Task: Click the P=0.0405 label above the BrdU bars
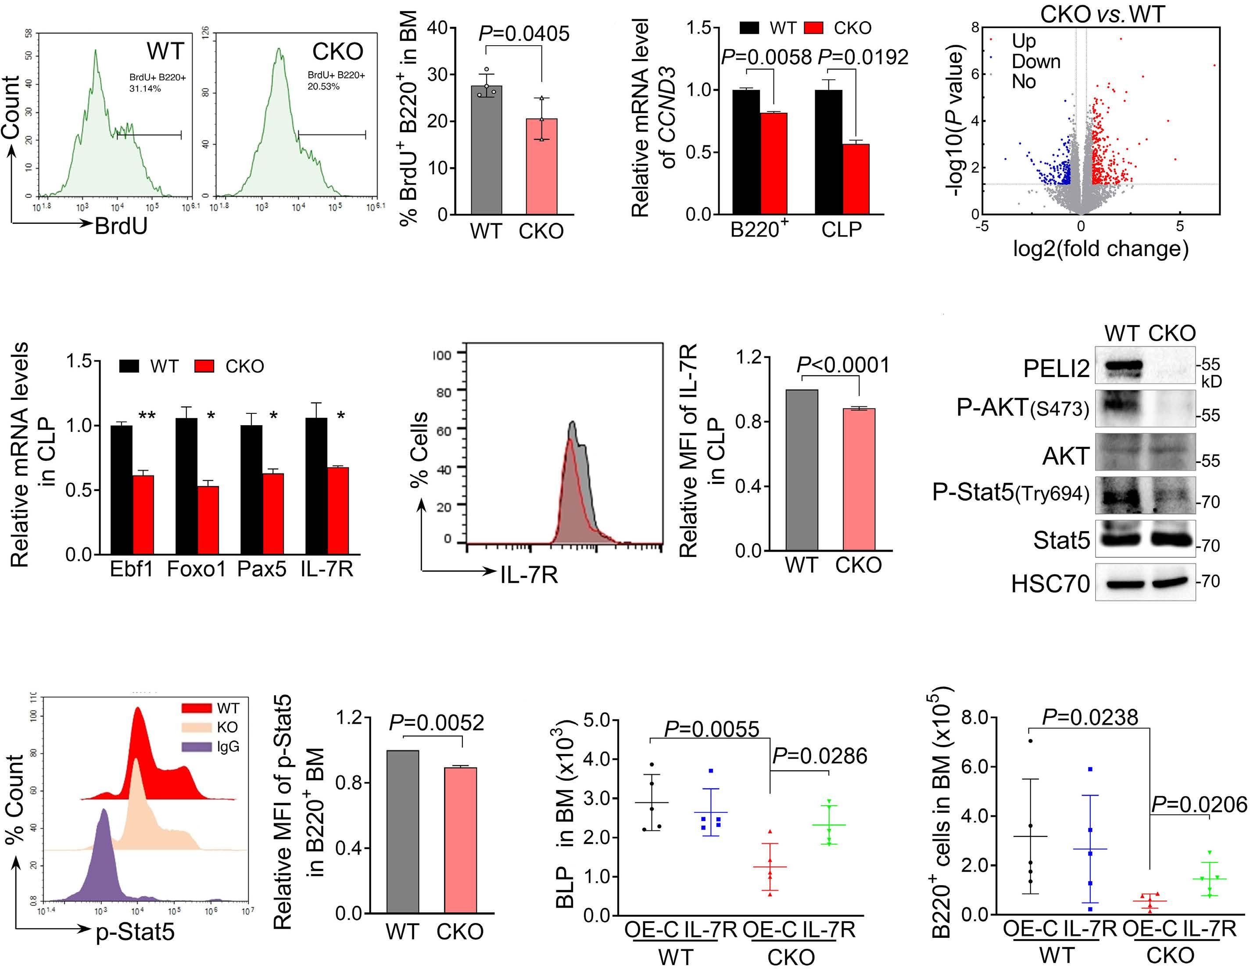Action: pyautogui.click(x=524, y=33)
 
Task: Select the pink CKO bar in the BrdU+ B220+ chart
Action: pyautogui.click(x=541, y=166)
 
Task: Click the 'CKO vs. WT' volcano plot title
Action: pyautogui.click(x=1102, y=14)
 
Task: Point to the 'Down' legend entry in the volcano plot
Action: pyautogui.click(x=1036, y=61)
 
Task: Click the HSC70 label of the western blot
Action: pyautogui.click(x=1050, y=584)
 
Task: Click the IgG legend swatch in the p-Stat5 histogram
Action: pyautogui.click(x=196, y=746)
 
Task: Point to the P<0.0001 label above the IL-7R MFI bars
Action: pyautogui.click(x=844, y=365)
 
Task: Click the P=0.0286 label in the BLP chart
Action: pyautogui.click(x=820, y=756)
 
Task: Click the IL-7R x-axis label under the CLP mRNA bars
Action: pyautogui.click(x=327, y=570)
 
